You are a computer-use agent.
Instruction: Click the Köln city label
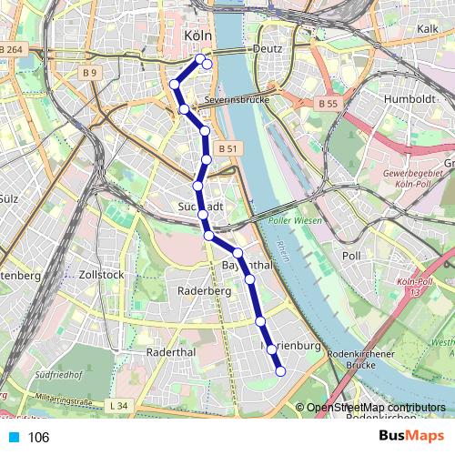point(197,35)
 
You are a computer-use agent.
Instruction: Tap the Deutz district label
point(268,49)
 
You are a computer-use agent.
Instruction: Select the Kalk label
point(428,29)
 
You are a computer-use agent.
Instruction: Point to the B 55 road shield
point(329,105)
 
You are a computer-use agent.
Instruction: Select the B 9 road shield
point(88,72)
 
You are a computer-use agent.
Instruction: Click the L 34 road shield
point(115,404)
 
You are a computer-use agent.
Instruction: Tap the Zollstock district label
point(100,273)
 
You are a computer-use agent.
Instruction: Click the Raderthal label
point(170,351)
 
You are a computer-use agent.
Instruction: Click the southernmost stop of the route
point(280,370)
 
